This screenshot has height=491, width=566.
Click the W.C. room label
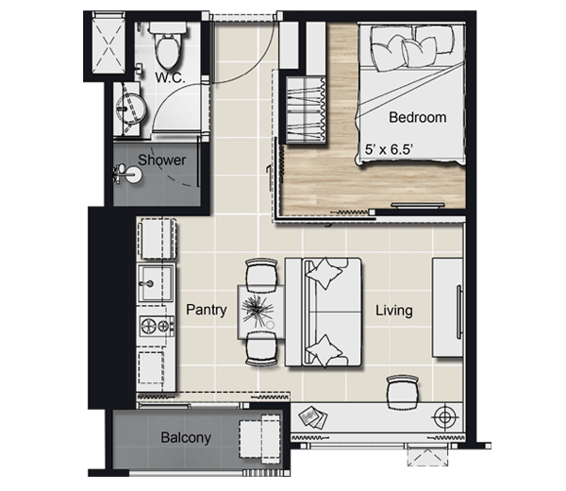tap(170, 77)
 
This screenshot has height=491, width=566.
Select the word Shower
tap(162, 161)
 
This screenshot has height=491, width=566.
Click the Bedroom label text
tap(417, 117)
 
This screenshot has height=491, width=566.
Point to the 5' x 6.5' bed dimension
tap(389, 149)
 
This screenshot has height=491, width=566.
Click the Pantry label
tap(207, 310)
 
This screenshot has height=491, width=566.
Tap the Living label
tap(393, 311)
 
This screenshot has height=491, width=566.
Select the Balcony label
tap(186, 437)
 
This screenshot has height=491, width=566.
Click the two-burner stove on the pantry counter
tap(157, 326)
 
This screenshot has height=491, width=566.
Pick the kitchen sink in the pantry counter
tap(157, 283)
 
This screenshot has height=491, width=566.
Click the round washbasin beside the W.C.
tap(131, 109)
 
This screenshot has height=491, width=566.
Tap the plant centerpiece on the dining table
tap(257, 310)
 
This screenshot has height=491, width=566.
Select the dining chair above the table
tap(261, 275)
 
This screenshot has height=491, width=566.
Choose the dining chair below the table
tap(261, 348)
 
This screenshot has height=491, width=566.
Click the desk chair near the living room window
tap(403, 392)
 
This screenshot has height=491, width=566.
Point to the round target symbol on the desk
tap(444, 417)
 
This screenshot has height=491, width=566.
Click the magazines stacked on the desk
tap(313, 417)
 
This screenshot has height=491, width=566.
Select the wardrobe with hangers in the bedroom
tap(306, 110)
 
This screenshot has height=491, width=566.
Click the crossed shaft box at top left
tap(108, 42)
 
